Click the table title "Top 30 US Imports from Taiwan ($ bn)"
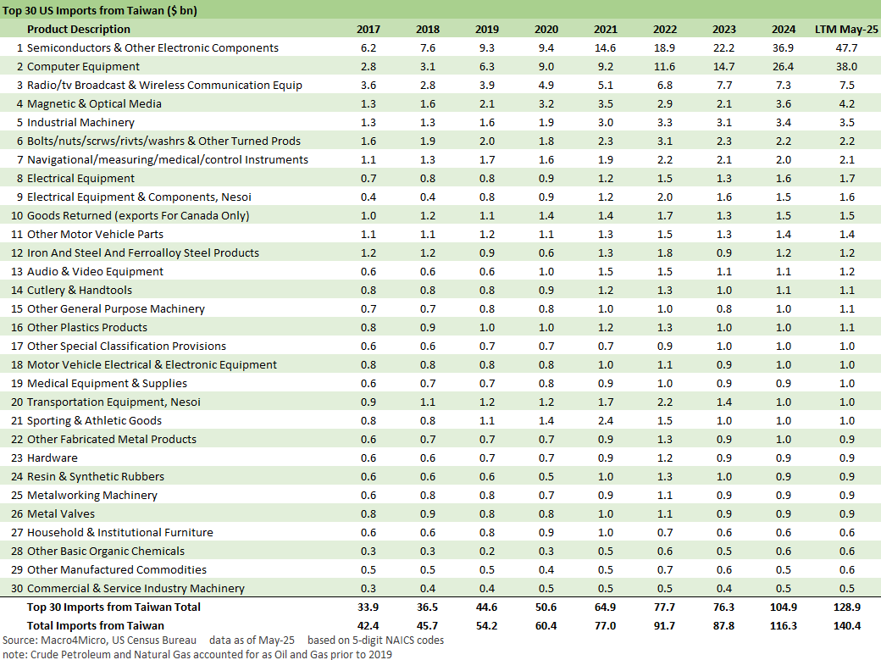click(x=104, y=10)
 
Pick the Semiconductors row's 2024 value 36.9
click(x=783, y=47)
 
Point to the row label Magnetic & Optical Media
click(x=94, y=103)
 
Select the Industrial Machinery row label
click(x=80, y=122)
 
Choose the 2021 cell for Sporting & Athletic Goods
click(x=606, y=420)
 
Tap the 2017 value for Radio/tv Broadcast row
click(x=368, y=85)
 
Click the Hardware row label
click(x=53, y=458)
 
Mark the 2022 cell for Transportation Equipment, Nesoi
click(x=665, y=402)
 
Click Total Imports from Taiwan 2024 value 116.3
click(x=783, y=625)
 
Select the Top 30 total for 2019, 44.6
click(x=487, y=607)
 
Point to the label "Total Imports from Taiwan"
click(x=96, y=625)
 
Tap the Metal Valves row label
click(x=61, y=513)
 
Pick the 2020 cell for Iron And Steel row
click(x=546, y=252)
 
